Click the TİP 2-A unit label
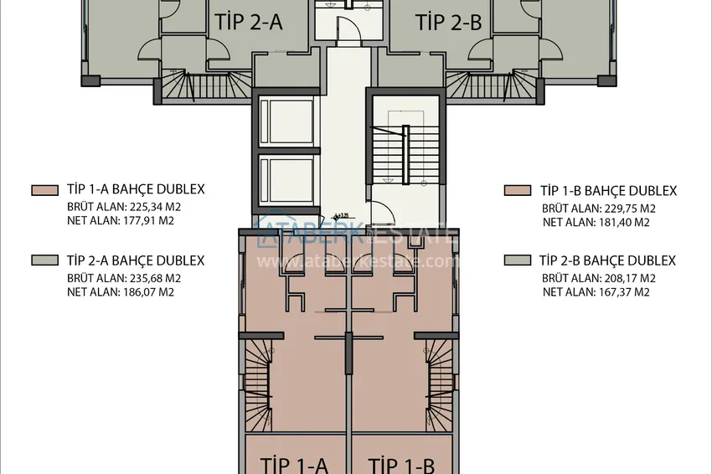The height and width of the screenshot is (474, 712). [x=249, y=23]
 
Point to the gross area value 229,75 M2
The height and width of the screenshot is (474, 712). [x=625, y=209]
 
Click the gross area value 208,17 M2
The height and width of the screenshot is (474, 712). [x=625, y=278]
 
